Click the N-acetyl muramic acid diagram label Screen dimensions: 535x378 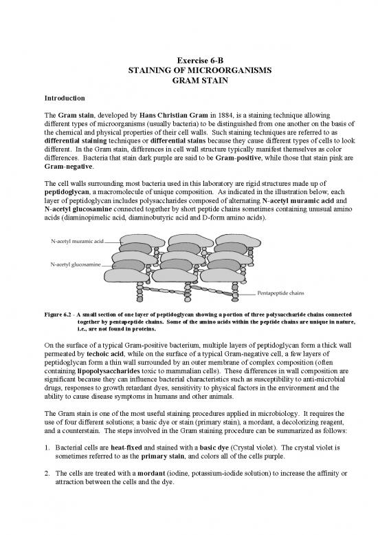point(77,242)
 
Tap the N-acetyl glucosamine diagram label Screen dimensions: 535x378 point(76,264)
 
